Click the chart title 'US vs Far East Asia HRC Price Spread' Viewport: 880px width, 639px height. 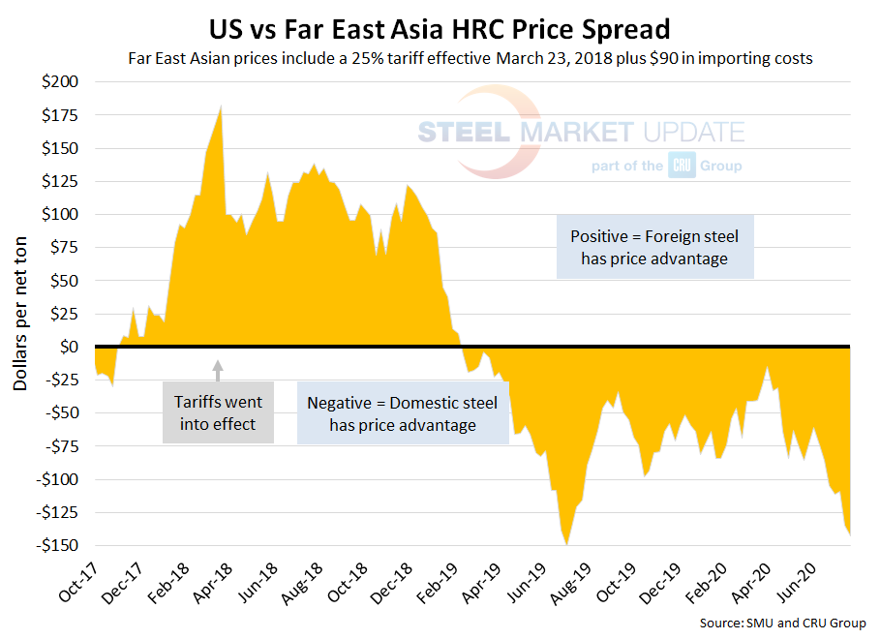click(439, 23)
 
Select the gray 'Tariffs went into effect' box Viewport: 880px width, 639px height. click(218, 411)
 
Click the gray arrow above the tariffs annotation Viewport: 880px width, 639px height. click(218, 368)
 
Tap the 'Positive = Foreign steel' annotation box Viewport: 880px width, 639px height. click(654, 247)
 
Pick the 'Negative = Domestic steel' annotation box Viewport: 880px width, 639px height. click(403, 413)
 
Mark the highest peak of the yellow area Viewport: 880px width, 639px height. click(222, 106)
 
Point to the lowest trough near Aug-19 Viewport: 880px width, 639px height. click(567, 544)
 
